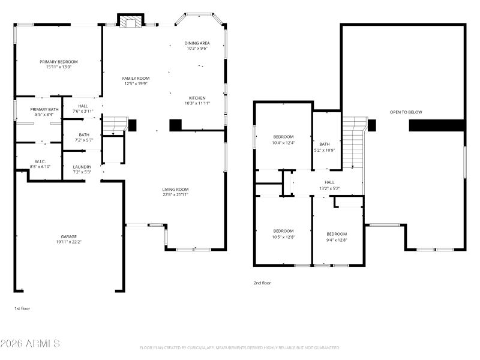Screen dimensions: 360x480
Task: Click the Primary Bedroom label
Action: [59, 62]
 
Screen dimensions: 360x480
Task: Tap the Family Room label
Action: [136, 79]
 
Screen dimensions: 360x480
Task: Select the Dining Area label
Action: [197, 43]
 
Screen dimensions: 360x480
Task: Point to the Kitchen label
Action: [197, 98]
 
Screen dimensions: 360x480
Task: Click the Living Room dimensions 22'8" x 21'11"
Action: [175, 194]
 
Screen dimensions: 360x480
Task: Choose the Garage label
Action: [68, 236]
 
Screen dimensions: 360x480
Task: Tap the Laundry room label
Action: [82, 167]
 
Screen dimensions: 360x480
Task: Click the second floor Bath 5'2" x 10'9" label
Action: [325, 144]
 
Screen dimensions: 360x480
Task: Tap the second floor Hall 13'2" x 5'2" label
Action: [329, 182]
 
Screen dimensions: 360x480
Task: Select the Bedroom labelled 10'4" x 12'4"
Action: [283, 137]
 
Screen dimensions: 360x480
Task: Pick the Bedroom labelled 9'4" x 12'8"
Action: [337, 234]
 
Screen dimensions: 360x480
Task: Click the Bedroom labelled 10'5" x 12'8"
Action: [283, 231]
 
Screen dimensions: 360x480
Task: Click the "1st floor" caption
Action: [22, 308]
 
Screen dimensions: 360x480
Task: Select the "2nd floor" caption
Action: [262, 283]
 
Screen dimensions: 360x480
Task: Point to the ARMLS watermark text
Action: [30, 344]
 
